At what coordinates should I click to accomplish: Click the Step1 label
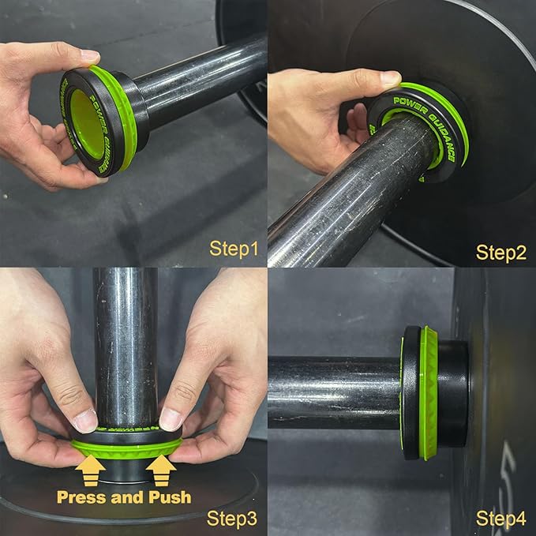pyautogui.click(x=234, y=249)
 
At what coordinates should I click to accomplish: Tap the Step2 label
pyautogui.click(x=501, y=252)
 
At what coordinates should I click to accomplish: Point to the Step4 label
pyautogui.click(x=501, y=519)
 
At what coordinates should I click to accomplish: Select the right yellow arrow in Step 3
pyautogui.click(x=160, y=471)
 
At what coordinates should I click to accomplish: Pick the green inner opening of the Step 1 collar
pyautogui.click(x=84, y=122)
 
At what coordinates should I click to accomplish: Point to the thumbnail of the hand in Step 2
pyautogui.click(x=390, y=78)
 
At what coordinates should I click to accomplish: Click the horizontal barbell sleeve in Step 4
pyautogui.click(x=332, y=392)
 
